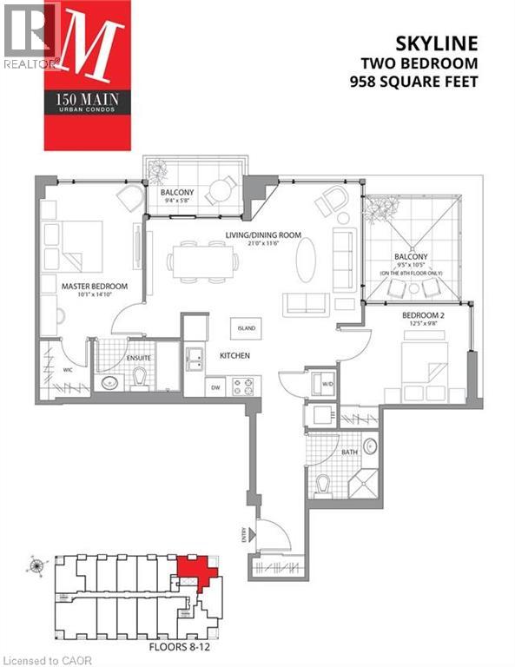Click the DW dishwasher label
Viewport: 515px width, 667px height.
tap(216, 388)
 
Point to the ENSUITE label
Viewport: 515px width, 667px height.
tap(139, 356)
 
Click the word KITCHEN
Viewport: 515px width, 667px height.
tap(234, 355)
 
